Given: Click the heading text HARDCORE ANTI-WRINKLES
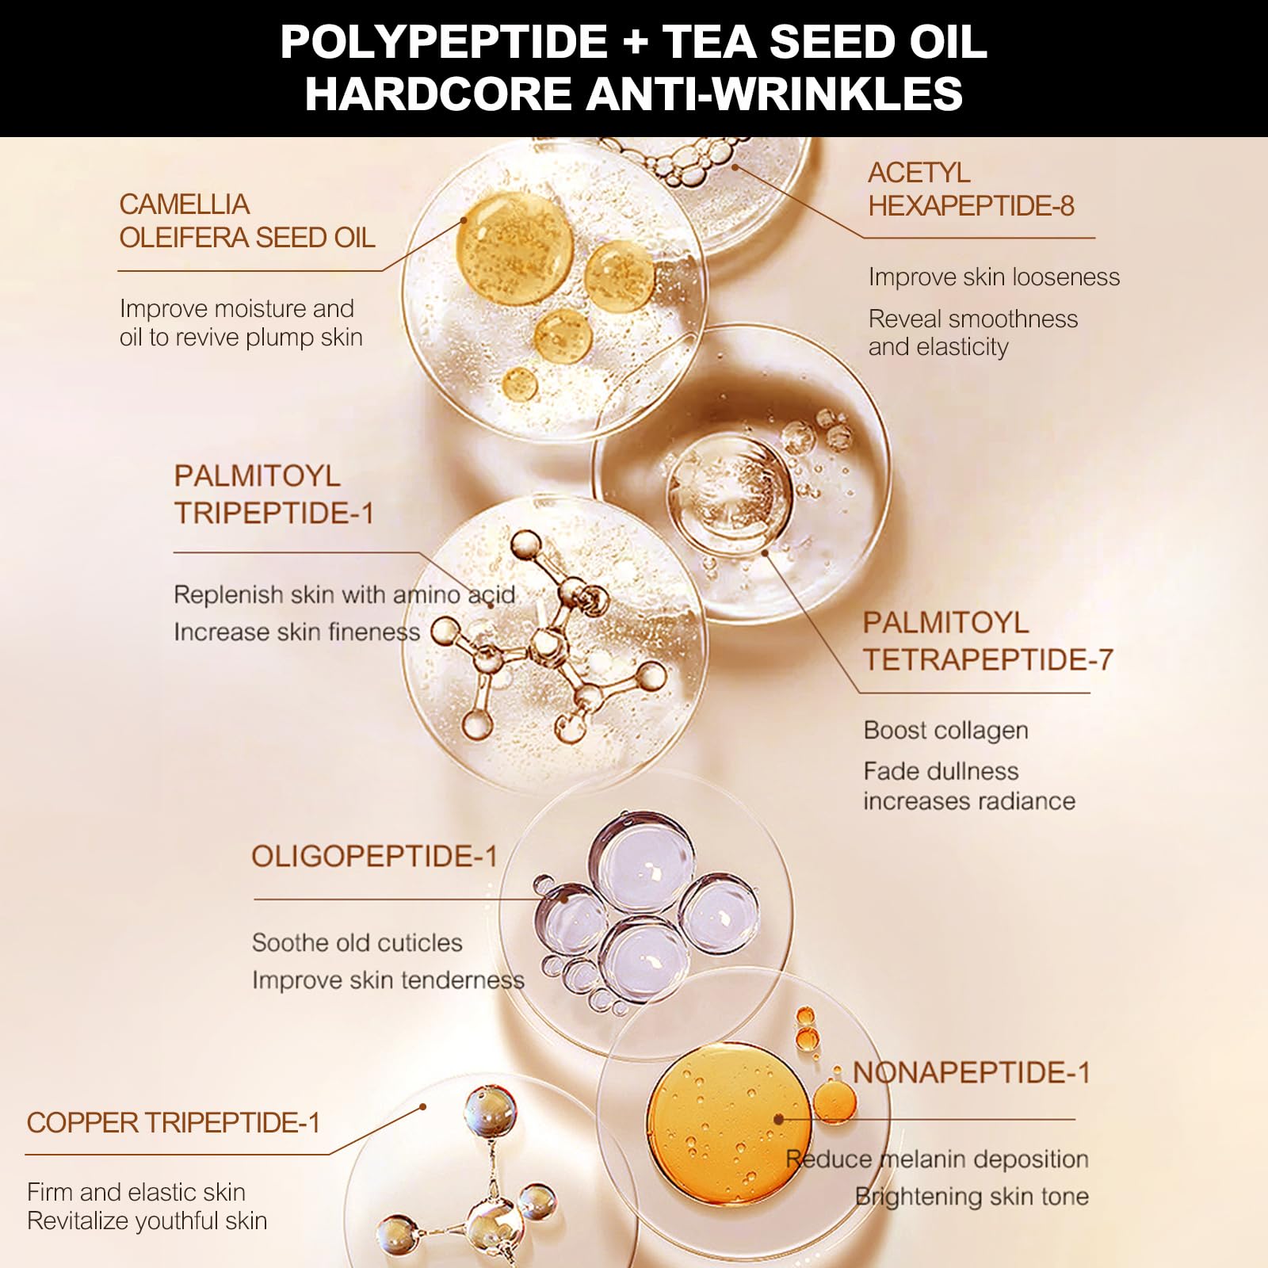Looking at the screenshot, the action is (x=634, y=94).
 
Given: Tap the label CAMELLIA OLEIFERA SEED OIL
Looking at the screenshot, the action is (x=247, y=221).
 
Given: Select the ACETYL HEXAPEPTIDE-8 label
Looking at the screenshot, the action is (x=971, y=189).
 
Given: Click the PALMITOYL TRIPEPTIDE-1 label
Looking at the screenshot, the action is (x=273, y=495).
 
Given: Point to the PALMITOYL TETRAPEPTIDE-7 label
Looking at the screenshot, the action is (x=988, y=641).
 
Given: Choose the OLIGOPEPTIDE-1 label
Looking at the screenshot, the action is (x=374, y=857).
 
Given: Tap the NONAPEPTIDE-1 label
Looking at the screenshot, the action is (x=972, y=1073).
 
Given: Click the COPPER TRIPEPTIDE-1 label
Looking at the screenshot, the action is (x=174, y=1123).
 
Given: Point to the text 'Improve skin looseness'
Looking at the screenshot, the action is (x=994, y=277).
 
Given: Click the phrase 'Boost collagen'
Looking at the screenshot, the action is (x=945, y=731).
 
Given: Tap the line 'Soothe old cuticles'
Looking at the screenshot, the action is (x=357, y=943).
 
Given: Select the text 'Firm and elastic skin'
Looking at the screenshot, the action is (x=136, y=1192).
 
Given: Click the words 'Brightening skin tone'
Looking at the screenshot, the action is (x=972, y=1197).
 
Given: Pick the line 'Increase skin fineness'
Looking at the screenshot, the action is (x=296, y=632).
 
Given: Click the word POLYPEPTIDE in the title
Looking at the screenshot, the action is (x=444, y=41).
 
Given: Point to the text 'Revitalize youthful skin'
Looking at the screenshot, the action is (x=147, y=1221).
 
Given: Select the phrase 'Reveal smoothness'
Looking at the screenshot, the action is (x=973, y=319).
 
